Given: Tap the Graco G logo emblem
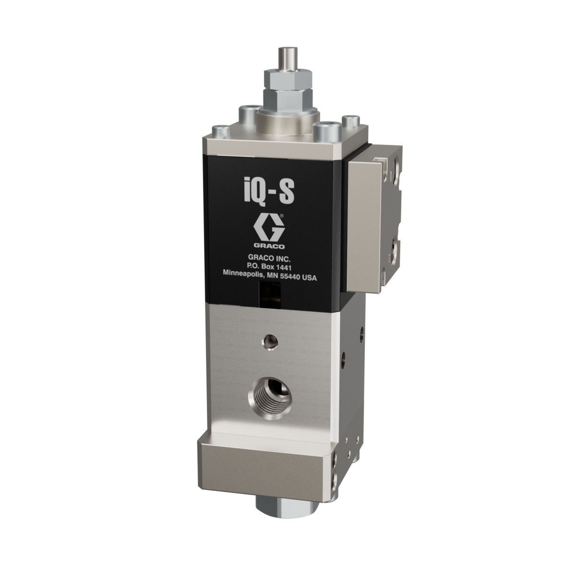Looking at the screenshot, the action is (x=269, y=228).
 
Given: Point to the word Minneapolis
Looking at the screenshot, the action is (x=242, y=278).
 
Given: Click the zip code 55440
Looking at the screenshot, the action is (x=290, y=278).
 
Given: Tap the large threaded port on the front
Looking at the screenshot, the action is (x=270, y=396).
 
